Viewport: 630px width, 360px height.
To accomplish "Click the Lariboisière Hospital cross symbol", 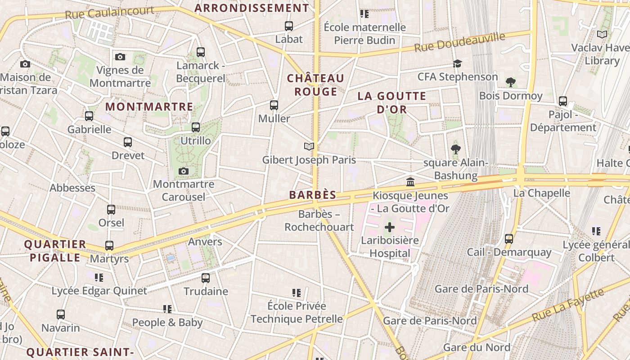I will coord(390,227).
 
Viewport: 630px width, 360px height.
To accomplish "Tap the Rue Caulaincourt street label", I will coord(109,12).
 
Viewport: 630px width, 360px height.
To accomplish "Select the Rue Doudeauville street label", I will coord(459,42).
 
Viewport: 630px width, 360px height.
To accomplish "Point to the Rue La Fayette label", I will coord(567,305).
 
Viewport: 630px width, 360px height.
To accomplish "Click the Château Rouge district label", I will coord(315,85).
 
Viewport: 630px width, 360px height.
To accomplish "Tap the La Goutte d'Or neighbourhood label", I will coord(391,102).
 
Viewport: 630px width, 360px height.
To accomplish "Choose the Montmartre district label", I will coord(149,107).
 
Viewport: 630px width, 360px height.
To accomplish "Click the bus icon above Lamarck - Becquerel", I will coord(201,52).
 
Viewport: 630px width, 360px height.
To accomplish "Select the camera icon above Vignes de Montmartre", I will coord(120,57).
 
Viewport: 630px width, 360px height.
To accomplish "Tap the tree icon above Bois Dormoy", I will coord(510,82).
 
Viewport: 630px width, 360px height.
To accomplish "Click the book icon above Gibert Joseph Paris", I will coord(309,146).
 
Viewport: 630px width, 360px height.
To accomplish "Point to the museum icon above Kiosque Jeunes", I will coord(410,182).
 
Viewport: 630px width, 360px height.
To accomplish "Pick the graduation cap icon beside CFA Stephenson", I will coord(457,63).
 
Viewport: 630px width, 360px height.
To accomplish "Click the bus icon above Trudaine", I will coord(206,278).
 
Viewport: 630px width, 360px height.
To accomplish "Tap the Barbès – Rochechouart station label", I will coord(319,220).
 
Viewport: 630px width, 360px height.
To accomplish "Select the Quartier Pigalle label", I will coord(55,251).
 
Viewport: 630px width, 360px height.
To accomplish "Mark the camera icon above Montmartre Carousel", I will coord(183,171).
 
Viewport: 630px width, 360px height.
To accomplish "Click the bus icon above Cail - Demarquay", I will coord(509,238).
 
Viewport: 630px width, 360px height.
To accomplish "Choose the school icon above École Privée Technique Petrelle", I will coord(296,293).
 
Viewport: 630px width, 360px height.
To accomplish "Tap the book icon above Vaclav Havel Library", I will coord(602,34).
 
